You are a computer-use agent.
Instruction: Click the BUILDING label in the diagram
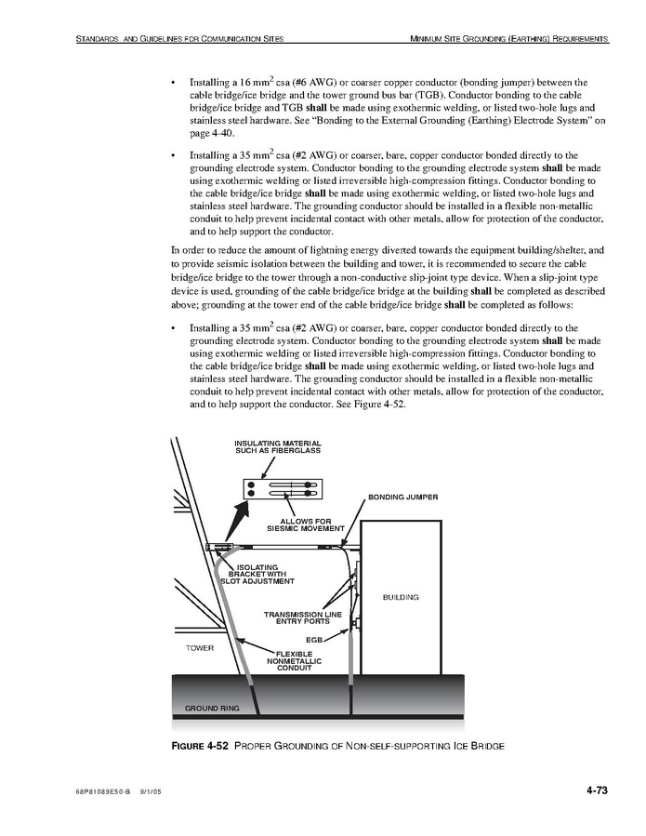click(401, 597)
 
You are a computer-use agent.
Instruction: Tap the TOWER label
click(199, 648)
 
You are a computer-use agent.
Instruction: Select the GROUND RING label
click(212, 708)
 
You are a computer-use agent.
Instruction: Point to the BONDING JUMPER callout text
click(403, 497)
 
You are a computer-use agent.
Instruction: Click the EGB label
click(314, 639)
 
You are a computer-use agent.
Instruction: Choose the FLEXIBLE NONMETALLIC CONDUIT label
click(295, 660)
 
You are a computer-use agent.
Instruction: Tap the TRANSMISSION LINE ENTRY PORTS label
click(303, 617)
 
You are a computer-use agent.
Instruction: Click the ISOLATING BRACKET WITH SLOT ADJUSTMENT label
click(257, 574)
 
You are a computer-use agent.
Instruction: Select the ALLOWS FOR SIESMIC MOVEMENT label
click(306, 524)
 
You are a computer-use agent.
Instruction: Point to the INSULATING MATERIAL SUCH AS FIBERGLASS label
click(278, 446)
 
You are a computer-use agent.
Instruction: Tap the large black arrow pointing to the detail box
click(237, 522)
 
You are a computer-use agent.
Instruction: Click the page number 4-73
click(597, 790)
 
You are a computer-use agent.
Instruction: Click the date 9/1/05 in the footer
click(150, 791)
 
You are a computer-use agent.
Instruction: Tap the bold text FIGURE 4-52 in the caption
click(200, 746)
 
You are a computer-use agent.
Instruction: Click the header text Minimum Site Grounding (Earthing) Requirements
click(509, 38)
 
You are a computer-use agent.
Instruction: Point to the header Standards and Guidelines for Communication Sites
click(179, 38)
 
